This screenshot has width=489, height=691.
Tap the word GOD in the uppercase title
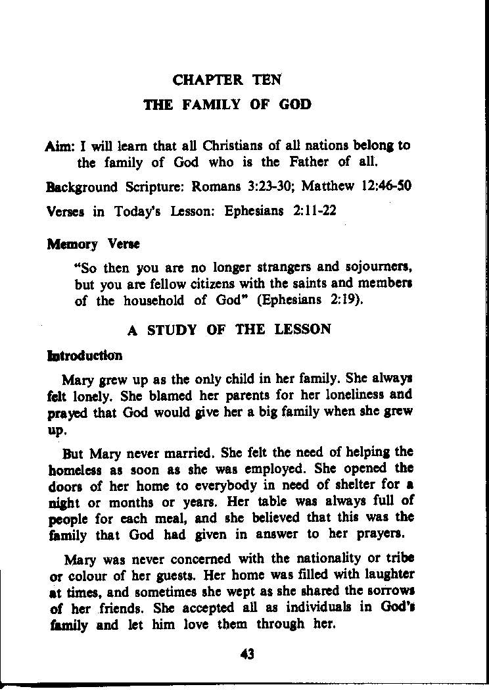point(295,105)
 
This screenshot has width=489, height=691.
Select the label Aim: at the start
point(62,145)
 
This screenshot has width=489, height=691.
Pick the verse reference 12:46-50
point(386,186)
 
